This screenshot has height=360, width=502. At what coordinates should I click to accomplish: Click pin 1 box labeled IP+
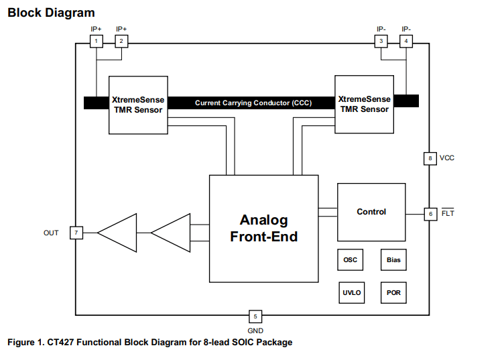pyautogui.click(x=97, y=42)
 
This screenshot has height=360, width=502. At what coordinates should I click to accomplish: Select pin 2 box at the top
pyautogui.click(x=121, y=42)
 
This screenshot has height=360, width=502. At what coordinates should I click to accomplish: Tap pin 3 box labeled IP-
pyautogui.click(x=381, y=42)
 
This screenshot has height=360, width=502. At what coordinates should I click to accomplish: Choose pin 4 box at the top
pyautogui.click(x=405, y=42)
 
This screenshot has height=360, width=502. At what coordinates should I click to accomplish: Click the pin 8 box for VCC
pyautogui.click(x=430, y=158)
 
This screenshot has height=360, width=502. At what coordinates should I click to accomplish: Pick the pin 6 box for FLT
pyautogui.click(x=430, y=214)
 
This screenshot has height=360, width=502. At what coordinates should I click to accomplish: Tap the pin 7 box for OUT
pyautogui.click(x=76, y=233)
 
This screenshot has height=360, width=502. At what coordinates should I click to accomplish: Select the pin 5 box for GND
pyautogui.click(x=255, y=316)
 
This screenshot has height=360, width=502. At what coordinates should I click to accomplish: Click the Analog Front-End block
pyautogui.click(x=263, y=228)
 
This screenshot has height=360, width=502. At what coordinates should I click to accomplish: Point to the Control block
pyautogui.click(x=371, y=212)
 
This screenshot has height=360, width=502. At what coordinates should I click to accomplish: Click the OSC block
pyautogui.click(x=351, y=259)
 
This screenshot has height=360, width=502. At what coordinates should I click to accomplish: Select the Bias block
pyautogui.click(x=393, y=259)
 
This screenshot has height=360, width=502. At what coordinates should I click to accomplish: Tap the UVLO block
pyautogui.click(x=351, y=292)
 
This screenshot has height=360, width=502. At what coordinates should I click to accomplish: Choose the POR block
pyautogui.click(x=393, y=292)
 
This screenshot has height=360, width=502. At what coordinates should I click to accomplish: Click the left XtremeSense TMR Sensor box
pyautogui.click(x=137, y=104)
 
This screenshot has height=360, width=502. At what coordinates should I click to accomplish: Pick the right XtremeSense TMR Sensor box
pyautogui.click(x=364, y=104)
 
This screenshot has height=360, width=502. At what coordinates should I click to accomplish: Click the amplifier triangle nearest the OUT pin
pyautogui.click(x=118, y=233)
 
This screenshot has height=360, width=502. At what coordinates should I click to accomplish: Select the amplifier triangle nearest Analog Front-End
pyautogui.click(x=172, y=233)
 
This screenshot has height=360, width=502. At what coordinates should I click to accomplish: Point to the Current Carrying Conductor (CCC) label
pyautogui.click(x=253, y=103)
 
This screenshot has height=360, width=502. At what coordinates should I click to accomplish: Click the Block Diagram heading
pyautogui.click(x=51, y=13)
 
